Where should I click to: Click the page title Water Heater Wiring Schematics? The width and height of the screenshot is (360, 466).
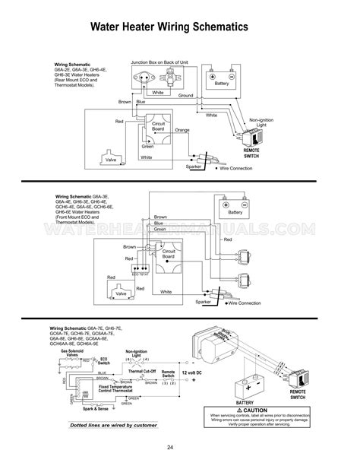tap(180, 27)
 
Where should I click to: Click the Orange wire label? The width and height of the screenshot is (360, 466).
tap(182, 131)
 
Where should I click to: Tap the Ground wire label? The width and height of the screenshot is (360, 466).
tap(185, 97)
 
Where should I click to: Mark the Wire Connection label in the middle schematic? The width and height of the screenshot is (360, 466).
tap(242, 303)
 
